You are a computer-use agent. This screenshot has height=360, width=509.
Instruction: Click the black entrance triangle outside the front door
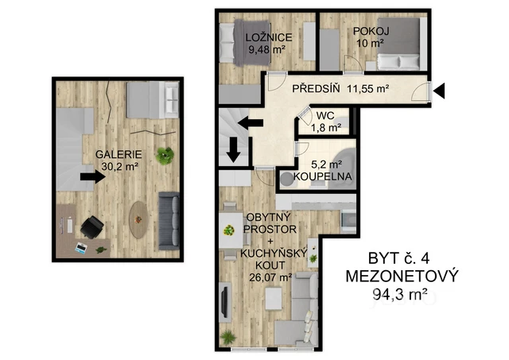point(439,91)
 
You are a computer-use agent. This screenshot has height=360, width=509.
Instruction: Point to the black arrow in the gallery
point(92,177)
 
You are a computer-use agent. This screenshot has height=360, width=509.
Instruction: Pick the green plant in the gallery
point(164,155)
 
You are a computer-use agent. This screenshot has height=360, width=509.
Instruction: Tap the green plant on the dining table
point(229,230)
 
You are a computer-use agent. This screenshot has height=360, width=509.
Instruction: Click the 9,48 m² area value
point(266,49)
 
